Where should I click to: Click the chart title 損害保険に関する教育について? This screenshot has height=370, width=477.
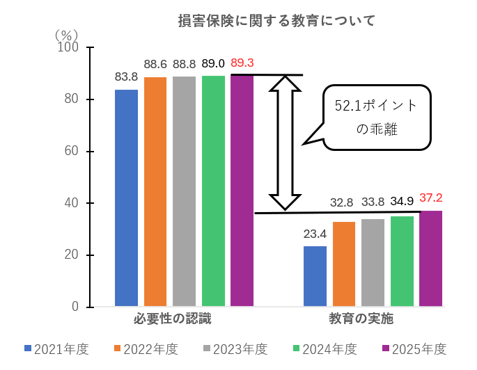click(276, 21)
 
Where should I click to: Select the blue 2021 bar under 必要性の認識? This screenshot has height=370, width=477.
click(126, 198)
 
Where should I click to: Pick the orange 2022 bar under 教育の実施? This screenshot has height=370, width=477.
click(344, 264)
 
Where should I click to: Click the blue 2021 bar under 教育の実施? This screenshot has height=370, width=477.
click(315, 276)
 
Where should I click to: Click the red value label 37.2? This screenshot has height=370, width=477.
click(430, 198)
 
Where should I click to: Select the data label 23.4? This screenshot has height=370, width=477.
click(315, 234)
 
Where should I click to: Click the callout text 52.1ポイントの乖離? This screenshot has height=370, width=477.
click(376, 117)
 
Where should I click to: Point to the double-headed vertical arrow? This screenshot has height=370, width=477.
click(286, 142)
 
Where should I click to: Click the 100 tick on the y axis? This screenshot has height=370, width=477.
click(71, 47)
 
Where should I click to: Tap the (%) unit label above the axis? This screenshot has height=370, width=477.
click(67, 33)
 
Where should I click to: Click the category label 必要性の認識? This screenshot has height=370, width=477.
click(172, 320)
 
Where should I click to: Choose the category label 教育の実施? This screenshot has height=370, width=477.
click(361, 320)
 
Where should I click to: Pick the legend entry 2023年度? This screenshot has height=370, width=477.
click(235, 349)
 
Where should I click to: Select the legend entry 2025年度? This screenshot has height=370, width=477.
click(414, 349)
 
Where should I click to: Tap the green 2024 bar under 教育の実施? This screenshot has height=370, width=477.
click(402, 262)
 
